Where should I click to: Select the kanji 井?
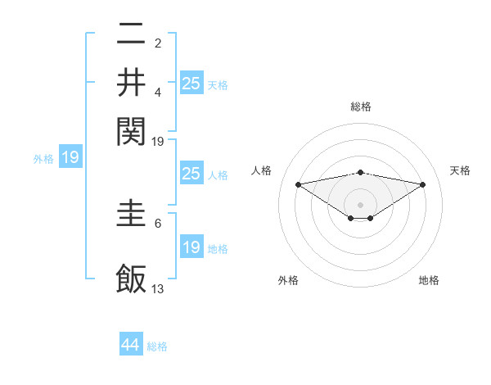131,82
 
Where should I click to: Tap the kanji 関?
131,129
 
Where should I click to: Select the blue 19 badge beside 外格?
70,157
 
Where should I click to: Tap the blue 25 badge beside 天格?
191,83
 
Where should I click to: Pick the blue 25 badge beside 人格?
191,174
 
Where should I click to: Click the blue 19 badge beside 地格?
191,247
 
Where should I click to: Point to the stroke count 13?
158,288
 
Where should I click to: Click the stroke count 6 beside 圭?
158,222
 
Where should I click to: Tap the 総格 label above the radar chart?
361,106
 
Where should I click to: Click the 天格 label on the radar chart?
460,170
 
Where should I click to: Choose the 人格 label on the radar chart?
262,170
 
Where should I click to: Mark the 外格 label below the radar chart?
288,281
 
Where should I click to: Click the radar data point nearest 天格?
423,184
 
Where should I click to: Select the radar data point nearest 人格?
299,184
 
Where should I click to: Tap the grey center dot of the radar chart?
361,204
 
